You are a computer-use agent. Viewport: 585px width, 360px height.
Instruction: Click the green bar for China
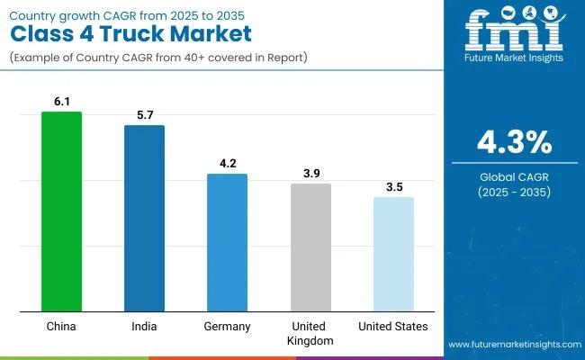pyautogui.click(x=61, y=211)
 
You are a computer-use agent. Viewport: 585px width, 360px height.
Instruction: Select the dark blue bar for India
pyautogui.click(x=144, y=219)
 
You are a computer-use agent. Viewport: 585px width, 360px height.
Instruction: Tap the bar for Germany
pyautogui.click(x=227, y=243)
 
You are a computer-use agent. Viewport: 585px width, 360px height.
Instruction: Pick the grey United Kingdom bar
pyautogui.click(x=310, y=247)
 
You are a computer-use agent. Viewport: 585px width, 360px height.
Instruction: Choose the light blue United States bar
pyautogui.click(x=393, y=255)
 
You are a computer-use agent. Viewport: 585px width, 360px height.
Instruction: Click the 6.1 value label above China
pyautogui.click(x=61, y=103)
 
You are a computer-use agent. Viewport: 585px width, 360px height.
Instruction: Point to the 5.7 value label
pyautogui.click(x=144, y=117)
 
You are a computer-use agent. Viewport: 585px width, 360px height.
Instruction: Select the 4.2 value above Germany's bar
pyautogui.click(x=227, y=166)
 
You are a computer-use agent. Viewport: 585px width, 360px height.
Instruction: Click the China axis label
pyautogui.click(x=61, y=326)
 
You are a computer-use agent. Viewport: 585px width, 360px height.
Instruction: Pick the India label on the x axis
pyautogui.click(x=144, y=326)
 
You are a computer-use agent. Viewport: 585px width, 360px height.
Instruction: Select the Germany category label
pyautogui.click(x=227, y=326)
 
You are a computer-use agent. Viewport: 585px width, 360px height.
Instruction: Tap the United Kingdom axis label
pyautogui.click(x=310, y=333)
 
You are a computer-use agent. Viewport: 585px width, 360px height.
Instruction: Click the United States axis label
pyautogui.click(x=393, y=326)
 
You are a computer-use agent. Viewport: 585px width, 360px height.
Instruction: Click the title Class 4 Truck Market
pyautogui.click(x=130, y=33)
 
